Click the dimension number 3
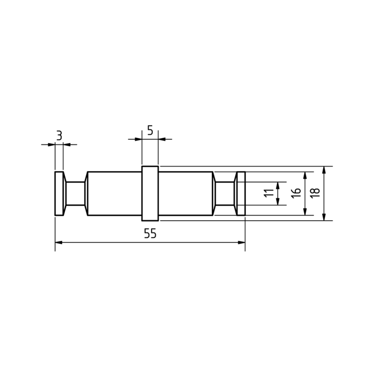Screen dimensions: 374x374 coord(59,136)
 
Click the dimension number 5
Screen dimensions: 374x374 coord(150,130)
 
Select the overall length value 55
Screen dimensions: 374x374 coord(150,233)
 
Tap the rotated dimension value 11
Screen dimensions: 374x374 coord(269,193)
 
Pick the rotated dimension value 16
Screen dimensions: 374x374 coord(296,193)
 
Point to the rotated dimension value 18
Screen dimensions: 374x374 coord(315,193)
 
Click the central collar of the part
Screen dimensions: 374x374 coord(150,193)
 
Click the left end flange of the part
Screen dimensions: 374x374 coord(59,193)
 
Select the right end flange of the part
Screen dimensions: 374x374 coord(241,193)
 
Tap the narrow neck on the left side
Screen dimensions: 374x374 coord(75,193)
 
